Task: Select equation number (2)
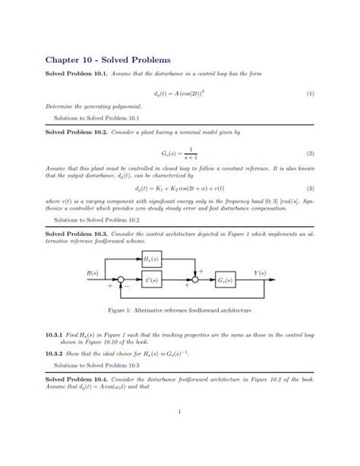pos(311,153)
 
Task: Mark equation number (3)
pos(311,188)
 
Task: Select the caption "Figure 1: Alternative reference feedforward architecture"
pos(179,311)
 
